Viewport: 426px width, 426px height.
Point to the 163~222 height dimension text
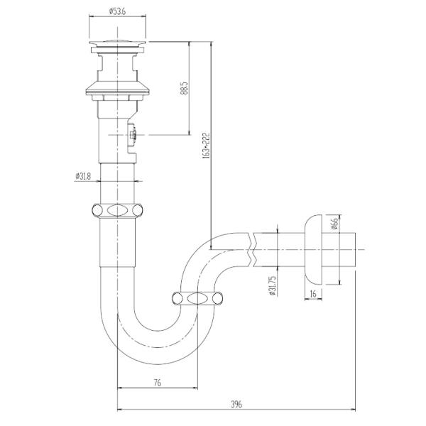206,144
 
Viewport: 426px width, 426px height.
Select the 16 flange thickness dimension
313,293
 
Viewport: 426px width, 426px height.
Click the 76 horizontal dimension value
157,383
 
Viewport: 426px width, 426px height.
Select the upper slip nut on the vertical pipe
118,210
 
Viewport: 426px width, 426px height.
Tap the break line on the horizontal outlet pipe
252,248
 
